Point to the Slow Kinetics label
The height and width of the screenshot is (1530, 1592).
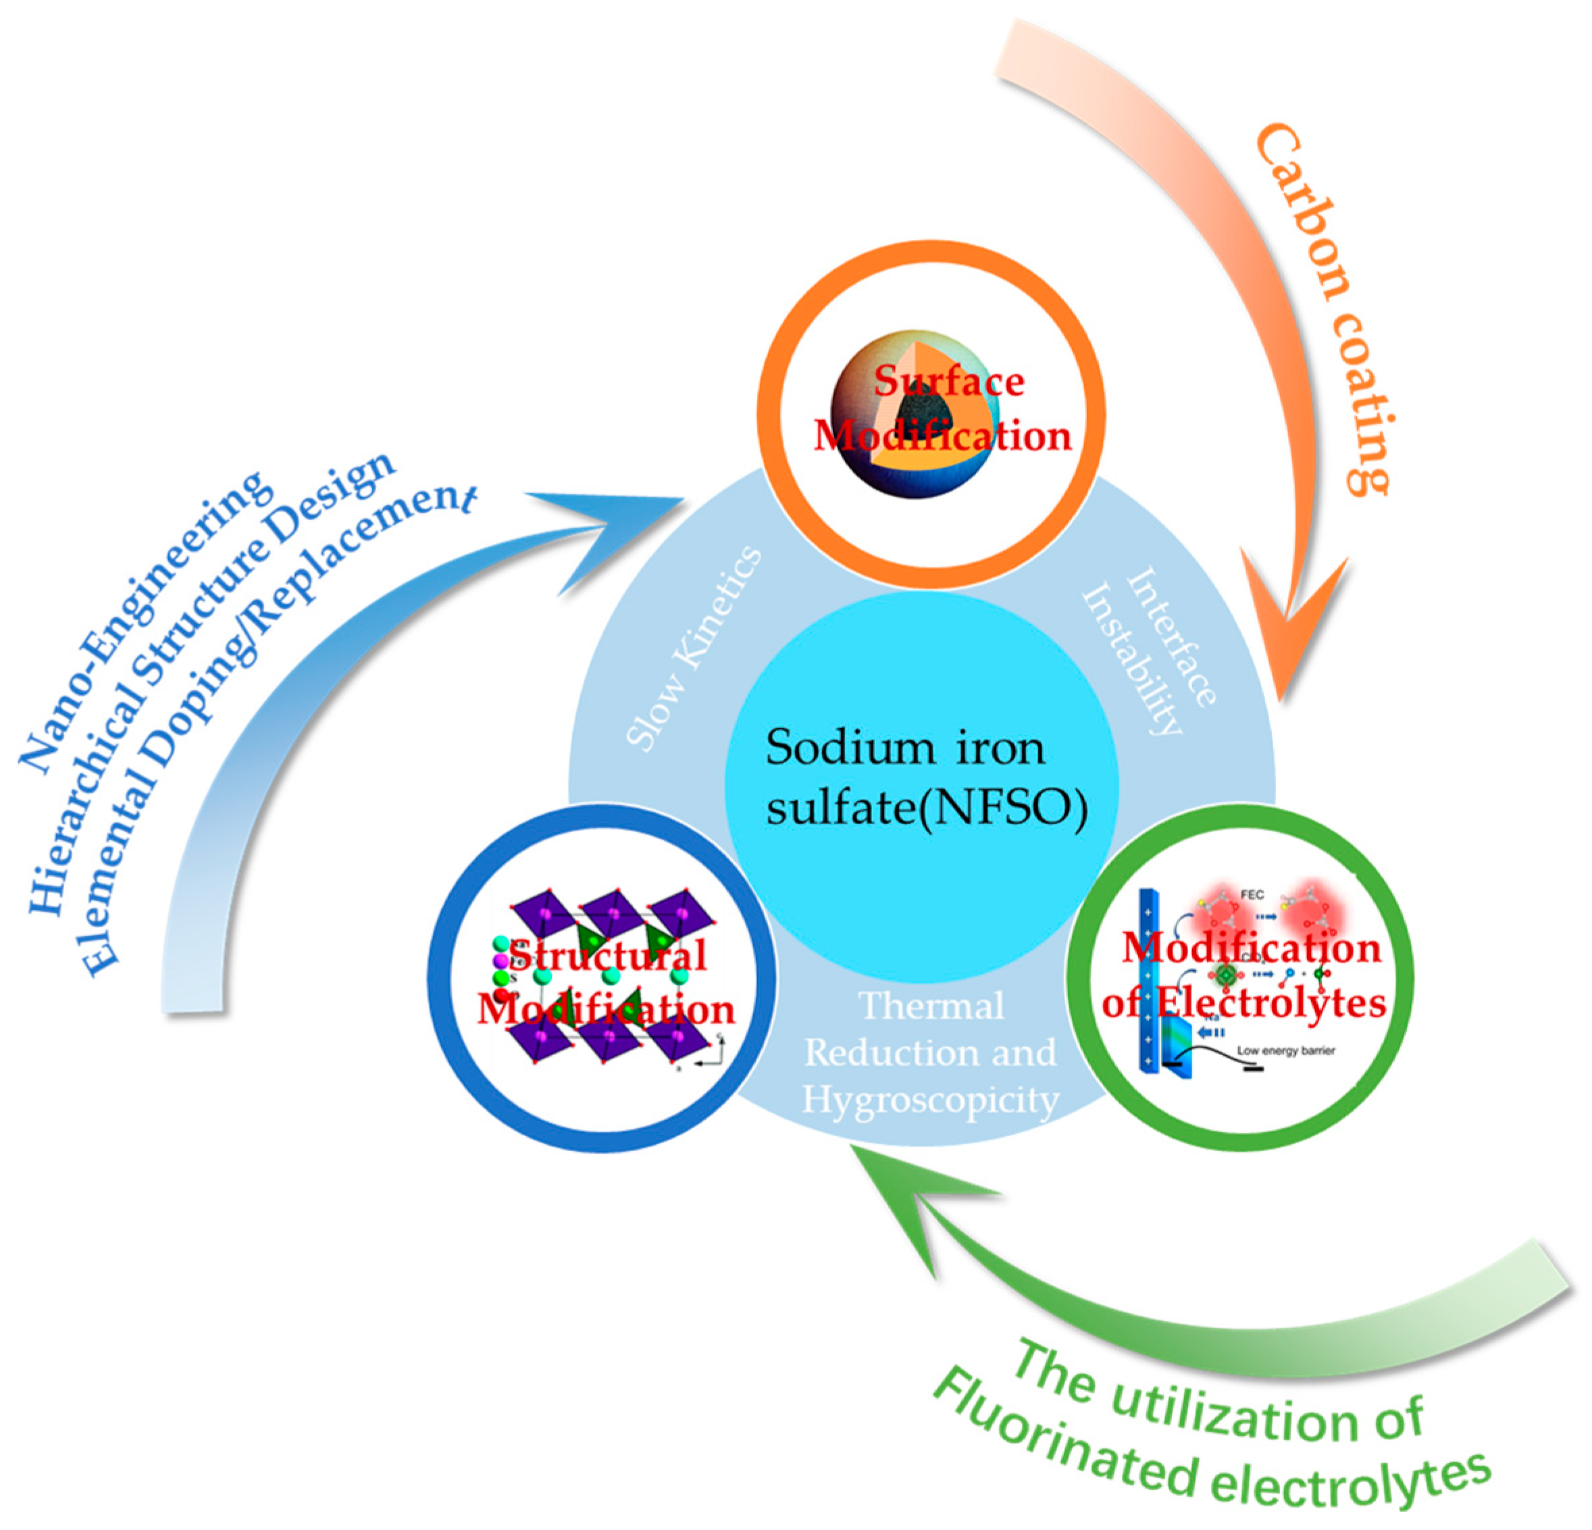pos(694,650)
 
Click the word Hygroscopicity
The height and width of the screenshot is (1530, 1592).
pos(930,1101)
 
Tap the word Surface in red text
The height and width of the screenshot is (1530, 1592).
pos(949,382)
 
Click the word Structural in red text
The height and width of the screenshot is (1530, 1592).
pos(608,954)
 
